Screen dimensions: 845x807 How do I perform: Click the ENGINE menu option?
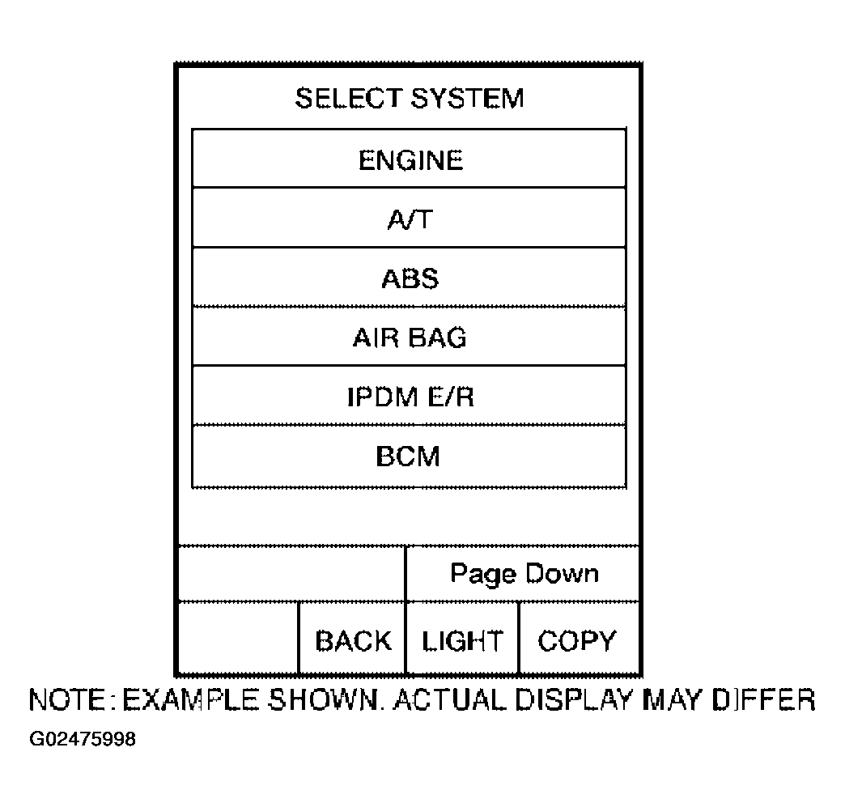[409, 159]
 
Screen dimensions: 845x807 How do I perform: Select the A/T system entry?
[409, 218]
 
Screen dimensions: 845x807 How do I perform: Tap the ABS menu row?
[409, 277]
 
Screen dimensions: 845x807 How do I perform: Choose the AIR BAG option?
[409, 337]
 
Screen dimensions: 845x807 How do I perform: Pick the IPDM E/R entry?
[409, 396]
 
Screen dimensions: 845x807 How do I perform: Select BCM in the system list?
[409, 456]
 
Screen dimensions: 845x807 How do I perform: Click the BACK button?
[352, 639]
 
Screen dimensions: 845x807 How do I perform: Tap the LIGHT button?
[462, 639]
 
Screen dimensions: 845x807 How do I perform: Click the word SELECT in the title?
[348, 98]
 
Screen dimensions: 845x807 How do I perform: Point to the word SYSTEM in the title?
[467, 98]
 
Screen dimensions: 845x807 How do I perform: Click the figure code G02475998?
[83, 738]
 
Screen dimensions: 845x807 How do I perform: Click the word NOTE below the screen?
[67, 699]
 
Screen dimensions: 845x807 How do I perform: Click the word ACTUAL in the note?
[450, 699]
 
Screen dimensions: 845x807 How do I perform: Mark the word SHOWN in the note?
[325, 699]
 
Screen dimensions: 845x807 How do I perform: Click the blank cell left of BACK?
[238, 639]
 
